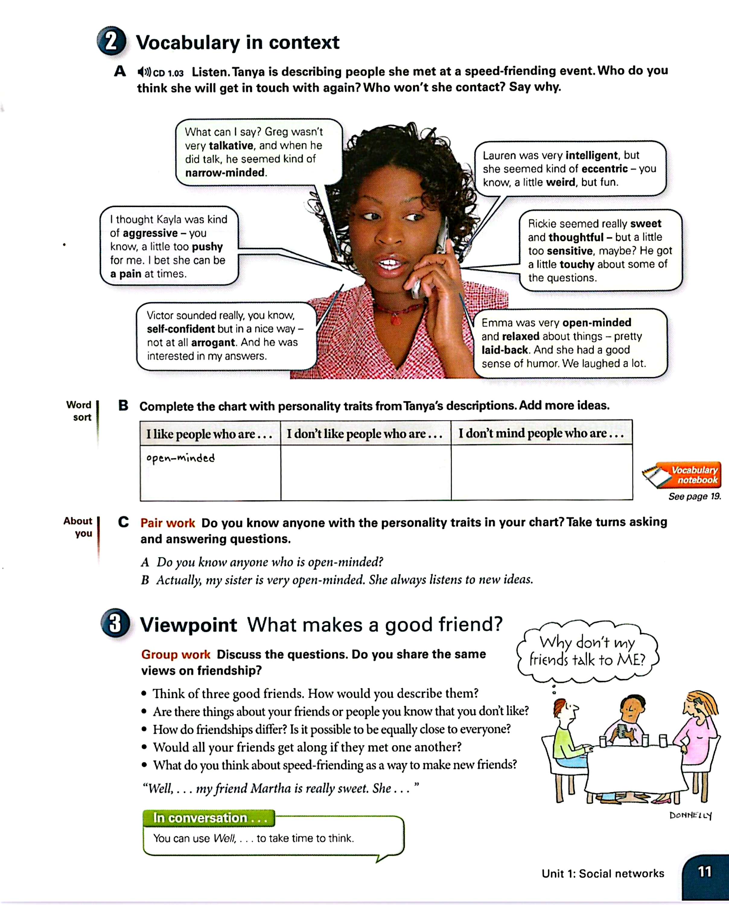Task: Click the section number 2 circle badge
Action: pos(111,42)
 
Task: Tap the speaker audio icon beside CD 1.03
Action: pos(144,72)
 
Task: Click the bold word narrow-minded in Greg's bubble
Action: pos(225,173)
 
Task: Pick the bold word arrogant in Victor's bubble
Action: pos(213,342)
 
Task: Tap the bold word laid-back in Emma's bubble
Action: pos(504,350)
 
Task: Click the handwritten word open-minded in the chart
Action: pos(180,458)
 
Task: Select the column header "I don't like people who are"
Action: pos(364,433)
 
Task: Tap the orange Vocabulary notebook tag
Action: pos(689,475)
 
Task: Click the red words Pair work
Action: pos(167,523)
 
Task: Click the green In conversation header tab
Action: pos(209,818)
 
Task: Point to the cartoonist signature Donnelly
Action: pos(690,815)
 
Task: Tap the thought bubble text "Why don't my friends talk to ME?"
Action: pos(587,651)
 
